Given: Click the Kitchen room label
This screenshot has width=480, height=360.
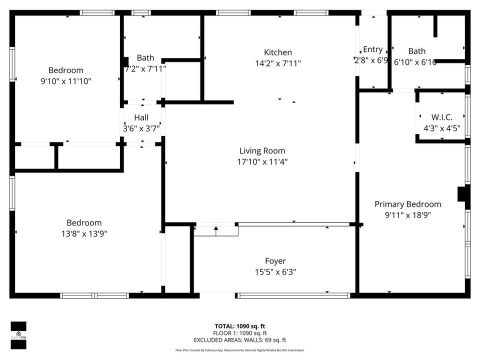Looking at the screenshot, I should click(x=278, y=52).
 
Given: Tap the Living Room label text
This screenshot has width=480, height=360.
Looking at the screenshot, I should click(x=262, y=150).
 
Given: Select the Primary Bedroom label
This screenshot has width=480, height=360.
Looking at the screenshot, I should click(x=408, y=204).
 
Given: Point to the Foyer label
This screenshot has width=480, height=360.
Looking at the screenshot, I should click(x=275, y=261).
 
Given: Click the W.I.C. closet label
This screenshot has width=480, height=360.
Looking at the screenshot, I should click(x=441, y=117).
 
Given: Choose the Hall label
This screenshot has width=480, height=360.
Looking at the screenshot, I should click(x=141, y=118).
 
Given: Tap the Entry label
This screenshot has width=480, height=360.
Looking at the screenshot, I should click(x=372, y=49).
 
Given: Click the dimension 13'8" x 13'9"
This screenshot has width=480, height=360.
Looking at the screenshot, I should click(x=84, y=233).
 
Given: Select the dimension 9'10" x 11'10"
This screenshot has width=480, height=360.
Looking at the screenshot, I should click(x=66, y=81).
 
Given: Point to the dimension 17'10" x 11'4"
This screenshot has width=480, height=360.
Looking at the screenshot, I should click(x=262, y=161).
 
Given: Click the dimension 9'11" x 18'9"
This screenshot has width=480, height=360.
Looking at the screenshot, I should click(x=408, y=215).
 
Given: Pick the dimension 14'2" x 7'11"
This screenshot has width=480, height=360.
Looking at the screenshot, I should click(x=278, y=63).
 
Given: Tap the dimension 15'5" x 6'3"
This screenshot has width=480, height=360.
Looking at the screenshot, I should click(x=275, y=272).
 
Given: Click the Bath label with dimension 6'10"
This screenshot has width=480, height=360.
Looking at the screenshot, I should click(x=416, y=51).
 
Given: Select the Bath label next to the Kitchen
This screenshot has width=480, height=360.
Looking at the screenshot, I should click(x=145, y=58).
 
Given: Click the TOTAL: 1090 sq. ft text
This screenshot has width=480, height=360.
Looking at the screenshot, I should click(x=239, y=326).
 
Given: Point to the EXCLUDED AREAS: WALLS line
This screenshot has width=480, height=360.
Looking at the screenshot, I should click(x=239, y=340).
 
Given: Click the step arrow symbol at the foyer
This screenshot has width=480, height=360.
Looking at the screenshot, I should click(x=216, y=230).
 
